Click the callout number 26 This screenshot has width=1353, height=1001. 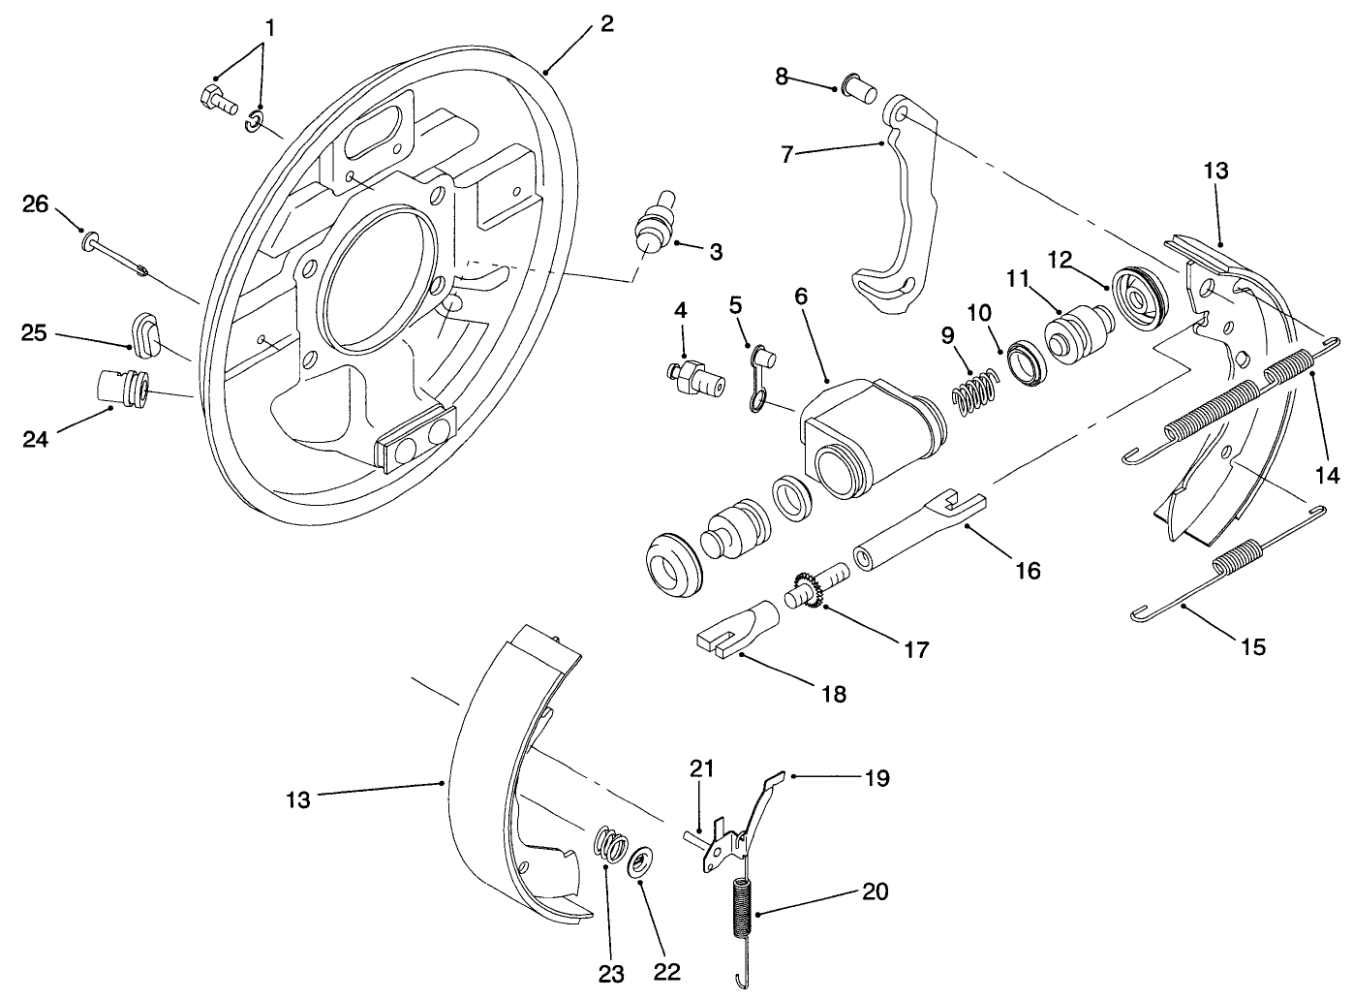[35, 204]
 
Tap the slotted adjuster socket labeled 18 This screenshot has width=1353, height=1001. [735, 627]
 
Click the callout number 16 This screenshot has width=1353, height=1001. [1028, 570]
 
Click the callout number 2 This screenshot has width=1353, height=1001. [606, 23]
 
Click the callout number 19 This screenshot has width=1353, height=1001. [876, 778]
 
